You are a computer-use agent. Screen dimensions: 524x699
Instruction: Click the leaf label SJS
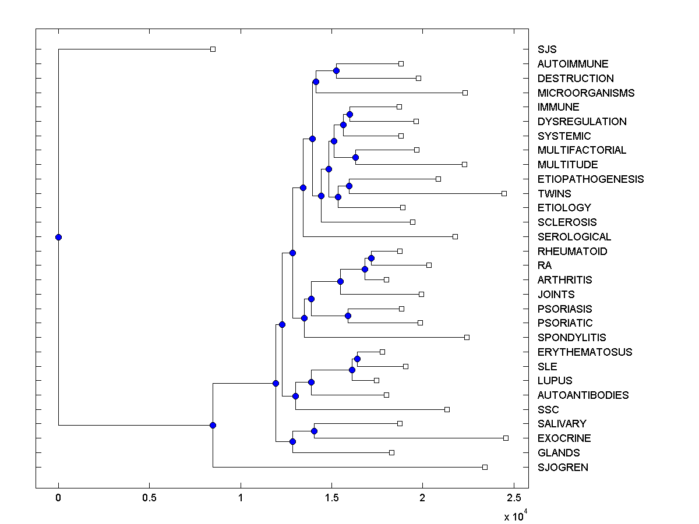tap(547, 49)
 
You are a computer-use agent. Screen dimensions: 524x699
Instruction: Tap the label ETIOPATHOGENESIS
tap(591, 179)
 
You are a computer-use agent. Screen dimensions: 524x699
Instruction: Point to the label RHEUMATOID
tap(572, 252)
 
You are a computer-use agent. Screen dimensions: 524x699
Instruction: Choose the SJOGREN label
tap(563, 468)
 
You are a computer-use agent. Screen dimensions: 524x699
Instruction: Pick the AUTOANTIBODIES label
tap(583, 395)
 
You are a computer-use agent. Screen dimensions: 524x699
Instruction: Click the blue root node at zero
tap(58, 237)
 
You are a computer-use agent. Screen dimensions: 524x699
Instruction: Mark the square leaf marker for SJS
tap(213, 49)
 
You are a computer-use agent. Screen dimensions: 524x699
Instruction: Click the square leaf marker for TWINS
tap(504, 193)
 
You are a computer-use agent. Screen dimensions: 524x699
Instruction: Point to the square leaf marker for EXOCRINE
tap(506, 438)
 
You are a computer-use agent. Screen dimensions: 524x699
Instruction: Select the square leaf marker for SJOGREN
tap(485, 467)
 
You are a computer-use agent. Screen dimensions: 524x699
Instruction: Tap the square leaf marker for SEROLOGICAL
tap(455, 236)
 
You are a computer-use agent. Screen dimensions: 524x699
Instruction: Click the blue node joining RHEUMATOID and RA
tap(371, 258)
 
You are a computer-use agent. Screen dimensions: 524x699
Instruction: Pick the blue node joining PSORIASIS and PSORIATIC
tap(348, 316)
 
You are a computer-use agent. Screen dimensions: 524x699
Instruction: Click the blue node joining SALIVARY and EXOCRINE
tap(315, 431)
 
